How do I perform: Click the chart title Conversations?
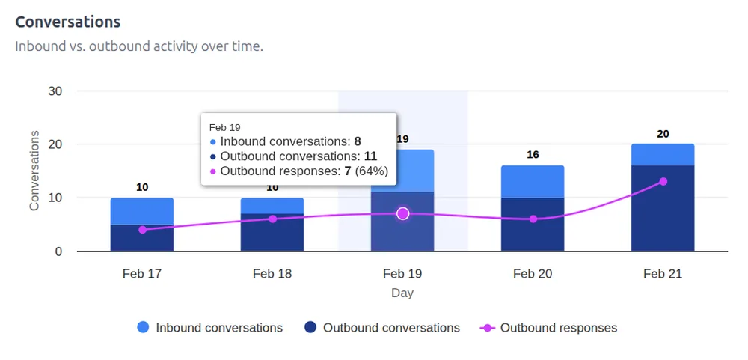(x=68, y=22)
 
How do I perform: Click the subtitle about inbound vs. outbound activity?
(x=139, y=46)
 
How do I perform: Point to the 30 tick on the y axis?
(x=55, y=91)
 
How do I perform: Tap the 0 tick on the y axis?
(x=58, y=251)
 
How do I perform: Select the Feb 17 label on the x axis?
(x=142, y=274)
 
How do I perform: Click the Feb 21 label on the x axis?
(x=663, y=274)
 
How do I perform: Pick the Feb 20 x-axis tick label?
(x=533, y=274)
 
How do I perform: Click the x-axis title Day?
(x=402, y=293)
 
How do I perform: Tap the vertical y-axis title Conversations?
(x=34, y=171)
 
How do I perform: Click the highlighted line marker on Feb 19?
(x=403, y=214)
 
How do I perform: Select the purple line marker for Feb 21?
(x=663, y=182)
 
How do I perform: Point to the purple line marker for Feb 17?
(x=142, y=230)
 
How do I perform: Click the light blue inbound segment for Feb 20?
(x=533, y=182)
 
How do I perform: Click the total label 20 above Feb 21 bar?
(x=663, y=134)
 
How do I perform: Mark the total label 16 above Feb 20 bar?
(x=533, y=155)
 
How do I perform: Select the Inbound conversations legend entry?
(x=210, y=328)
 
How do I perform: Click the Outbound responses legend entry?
(x=549, y=328)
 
